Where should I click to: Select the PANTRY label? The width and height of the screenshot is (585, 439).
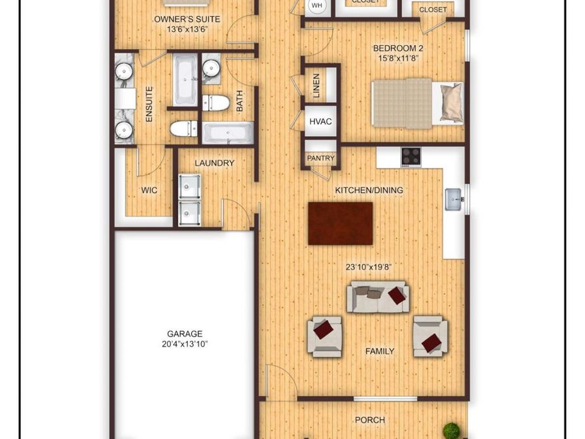click(321, 158)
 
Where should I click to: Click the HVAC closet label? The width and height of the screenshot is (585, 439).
click(321, 122)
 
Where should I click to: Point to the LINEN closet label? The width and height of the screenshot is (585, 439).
click(317, 86)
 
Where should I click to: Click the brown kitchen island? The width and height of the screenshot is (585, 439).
click(341, 223)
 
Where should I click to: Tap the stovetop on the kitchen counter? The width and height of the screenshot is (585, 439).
click(411, 156)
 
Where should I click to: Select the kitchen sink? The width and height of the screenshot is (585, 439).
click(454, 199)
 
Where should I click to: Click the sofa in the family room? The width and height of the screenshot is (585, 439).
click(378, 297)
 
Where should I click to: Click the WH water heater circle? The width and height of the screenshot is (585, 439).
click(317, 6)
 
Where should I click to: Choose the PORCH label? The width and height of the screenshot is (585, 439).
click(370, 420)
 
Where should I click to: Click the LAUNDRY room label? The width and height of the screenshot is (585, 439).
click(214, 163)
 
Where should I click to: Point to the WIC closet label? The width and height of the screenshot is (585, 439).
click(149, 191)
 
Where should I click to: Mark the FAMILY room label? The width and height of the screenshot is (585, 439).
click(380, 351)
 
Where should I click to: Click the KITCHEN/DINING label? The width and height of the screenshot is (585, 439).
click(369, 190)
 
